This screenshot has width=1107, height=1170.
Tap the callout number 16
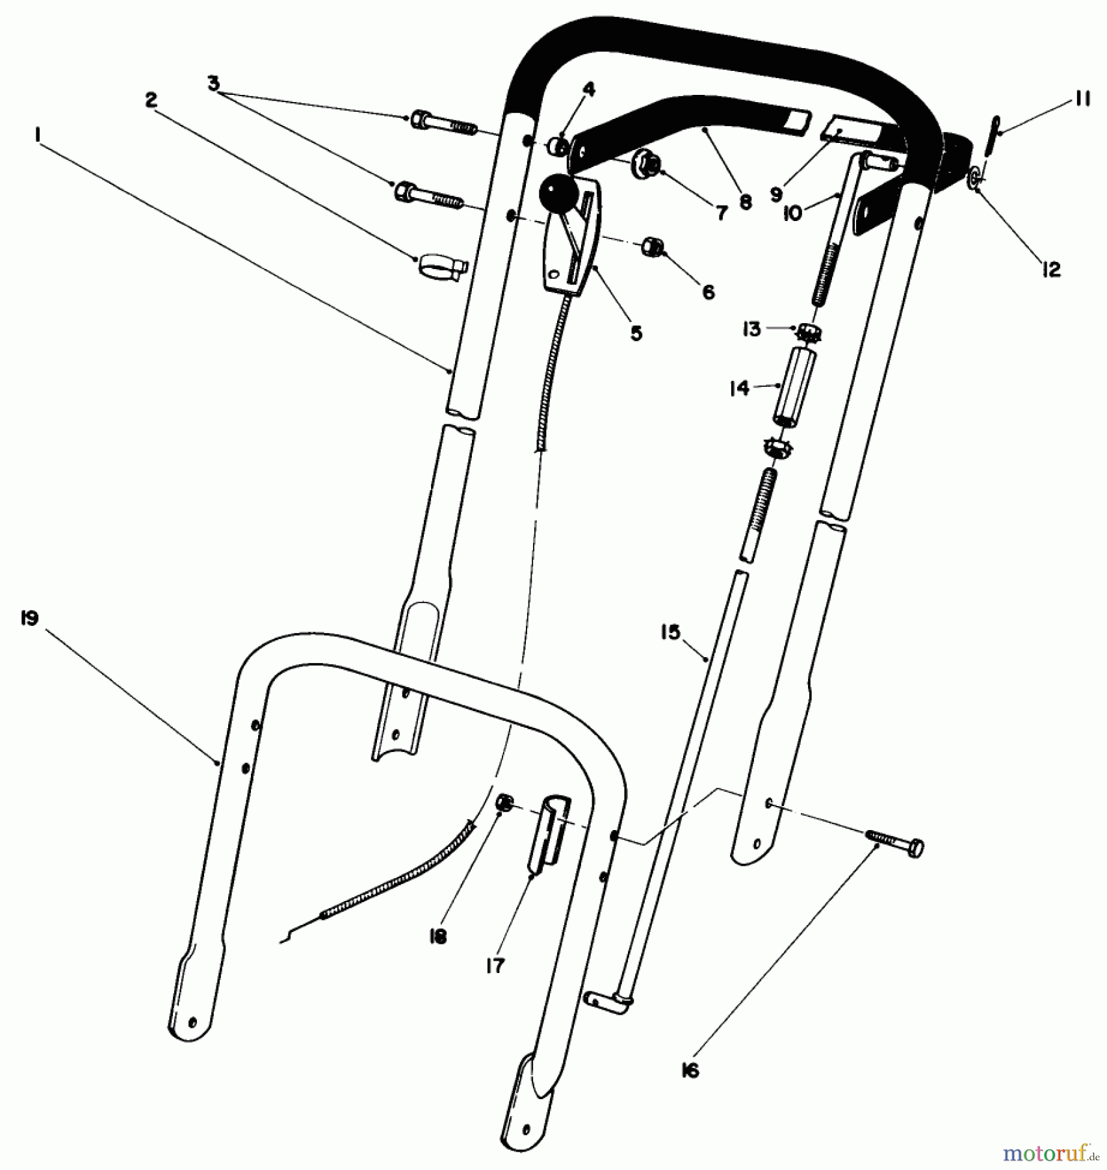[x=690, y=1070]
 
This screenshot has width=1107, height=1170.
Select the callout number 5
[x=636, y=333]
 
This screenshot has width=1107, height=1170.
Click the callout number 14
[x=740, y=388]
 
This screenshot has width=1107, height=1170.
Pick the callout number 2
[x=151, y=99]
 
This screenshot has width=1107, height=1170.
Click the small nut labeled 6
[x=652, y=247]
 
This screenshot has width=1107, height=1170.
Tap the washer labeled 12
[x=974, y=177]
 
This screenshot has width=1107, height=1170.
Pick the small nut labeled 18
[x=504, y=803]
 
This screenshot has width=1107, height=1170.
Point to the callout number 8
[x=746, y=202]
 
